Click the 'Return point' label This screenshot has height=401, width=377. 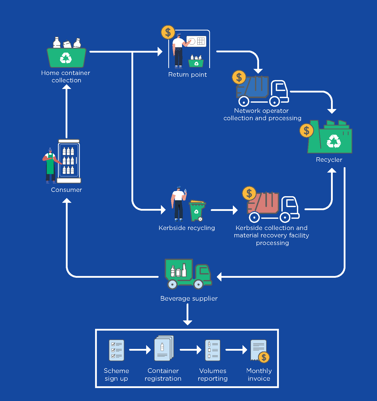click(x=188, y=75)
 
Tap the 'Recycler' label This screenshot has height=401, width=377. click(x=329, y=160)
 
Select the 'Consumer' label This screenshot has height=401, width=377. click(x=66, y=190)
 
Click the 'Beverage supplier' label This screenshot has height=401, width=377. click(x=189, y=299)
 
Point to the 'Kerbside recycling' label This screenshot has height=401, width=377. click(x=187, y=228)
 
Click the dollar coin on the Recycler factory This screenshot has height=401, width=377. click(x=307, y=131)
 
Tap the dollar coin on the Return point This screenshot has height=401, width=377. click(x=168, y=32)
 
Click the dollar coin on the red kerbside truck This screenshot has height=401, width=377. click(x=249, y=193)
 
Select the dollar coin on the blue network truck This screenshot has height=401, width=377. click(x=239, y=77)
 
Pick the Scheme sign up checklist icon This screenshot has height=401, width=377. click(x=116, y=350)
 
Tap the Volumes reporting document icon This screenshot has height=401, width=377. click(x=213, y=350)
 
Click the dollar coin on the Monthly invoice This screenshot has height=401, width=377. click(x=264, y=357)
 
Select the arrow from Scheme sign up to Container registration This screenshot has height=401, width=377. click(x=140, y=350)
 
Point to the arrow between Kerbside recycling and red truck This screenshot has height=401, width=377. click(x=224, y=210)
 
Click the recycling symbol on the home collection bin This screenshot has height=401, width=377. click(x=66, y=58)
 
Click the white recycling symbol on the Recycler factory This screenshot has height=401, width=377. click(x=334, y=141)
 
